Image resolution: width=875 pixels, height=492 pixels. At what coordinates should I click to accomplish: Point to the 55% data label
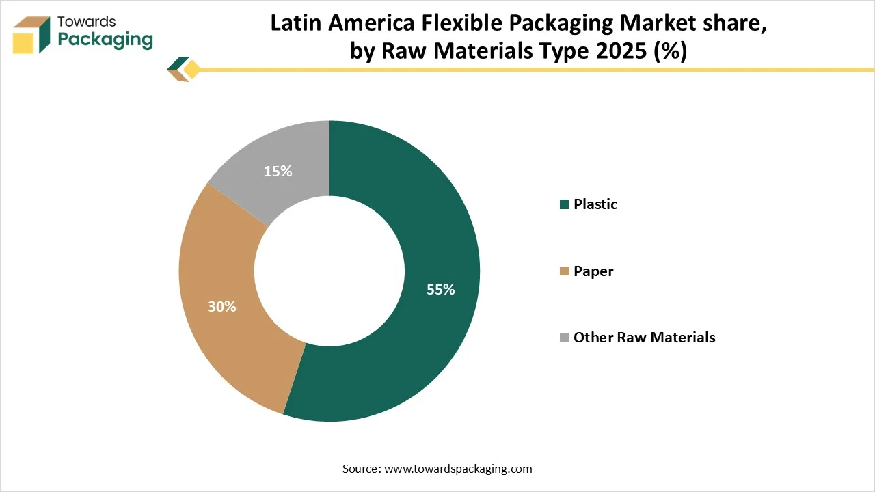coord(440,289)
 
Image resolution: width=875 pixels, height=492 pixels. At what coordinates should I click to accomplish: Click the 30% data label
coord(222,307)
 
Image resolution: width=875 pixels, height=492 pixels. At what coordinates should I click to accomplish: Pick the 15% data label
coord(278,172)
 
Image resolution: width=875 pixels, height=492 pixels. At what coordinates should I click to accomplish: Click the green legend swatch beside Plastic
coord(564,204)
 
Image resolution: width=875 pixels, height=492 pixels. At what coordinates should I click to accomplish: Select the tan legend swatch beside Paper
coord(564,271)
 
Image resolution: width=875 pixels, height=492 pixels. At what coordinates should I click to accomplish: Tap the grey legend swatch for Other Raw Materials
coord(564,338)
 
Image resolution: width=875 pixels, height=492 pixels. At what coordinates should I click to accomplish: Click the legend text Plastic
coord(595,204)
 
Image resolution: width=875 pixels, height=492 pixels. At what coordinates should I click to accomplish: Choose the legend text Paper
coord(593,271)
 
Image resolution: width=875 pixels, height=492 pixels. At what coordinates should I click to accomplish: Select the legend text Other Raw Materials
coord(644,338)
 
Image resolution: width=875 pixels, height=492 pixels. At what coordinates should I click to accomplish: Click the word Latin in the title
coord(293,23)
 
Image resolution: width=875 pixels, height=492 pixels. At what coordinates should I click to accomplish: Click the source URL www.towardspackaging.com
coord(458,469)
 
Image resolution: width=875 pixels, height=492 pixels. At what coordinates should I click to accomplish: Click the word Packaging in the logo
coord(105,39)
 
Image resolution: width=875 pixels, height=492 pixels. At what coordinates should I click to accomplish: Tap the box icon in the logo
coord(31,33)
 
